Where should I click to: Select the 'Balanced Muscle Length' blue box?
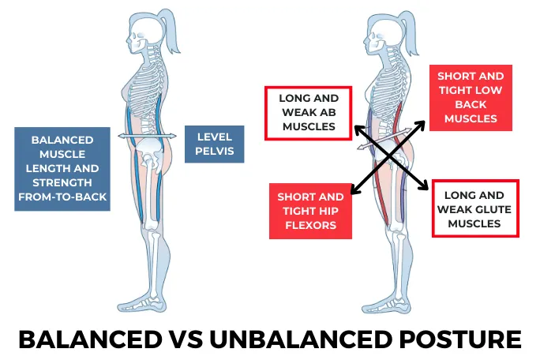pos(62,169)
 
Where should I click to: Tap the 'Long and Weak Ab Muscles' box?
pos(308,114)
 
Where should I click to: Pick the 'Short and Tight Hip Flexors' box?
pos(310,211)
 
